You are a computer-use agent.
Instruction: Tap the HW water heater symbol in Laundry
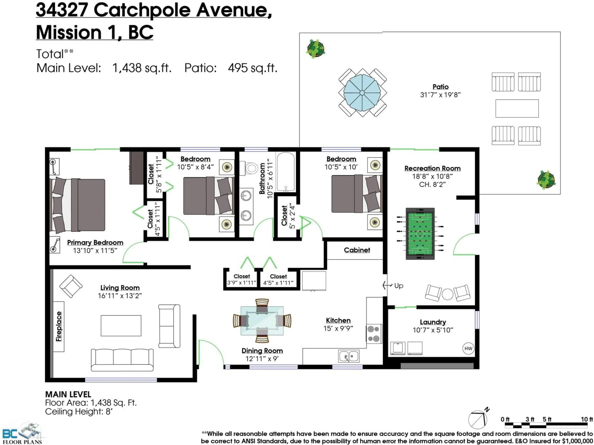(468, 348)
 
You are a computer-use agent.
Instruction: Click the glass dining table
(262, 321)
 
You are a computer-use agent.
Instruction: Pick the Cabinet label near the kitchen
(357, 250)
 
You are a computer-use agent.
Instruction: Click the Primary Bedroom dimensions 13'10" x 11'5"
(95, 250)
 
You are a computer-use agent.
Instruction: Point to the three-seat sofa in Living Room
(122, 360)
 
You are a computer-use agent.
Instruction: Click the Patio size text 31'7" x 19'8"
(440, 95)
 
